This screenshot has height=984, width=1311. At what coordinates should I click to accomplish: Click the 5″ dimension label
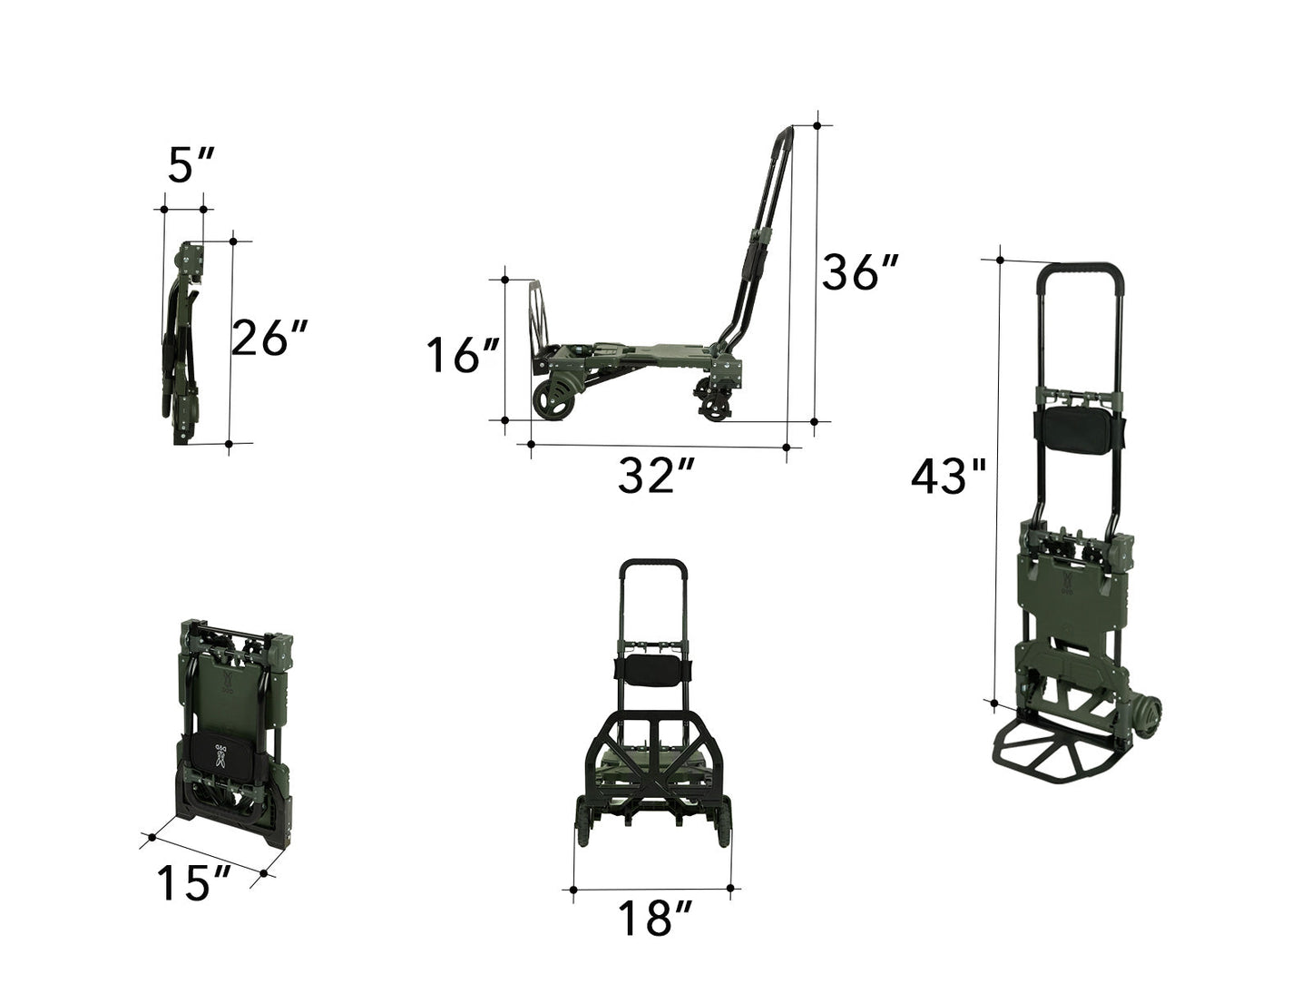click(191, 164)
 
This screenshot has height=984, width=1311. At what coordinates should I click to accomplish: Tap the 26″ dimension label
click(269, 339)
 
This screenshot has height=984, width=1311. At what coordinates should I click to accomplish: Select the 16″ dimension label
click(463, 355)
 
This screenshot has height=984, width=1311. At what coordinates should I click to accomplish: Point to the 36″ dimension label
click(859, 271)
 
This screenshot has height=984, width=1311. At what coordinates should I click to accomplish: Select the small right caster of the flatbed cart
click(716, 408)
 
